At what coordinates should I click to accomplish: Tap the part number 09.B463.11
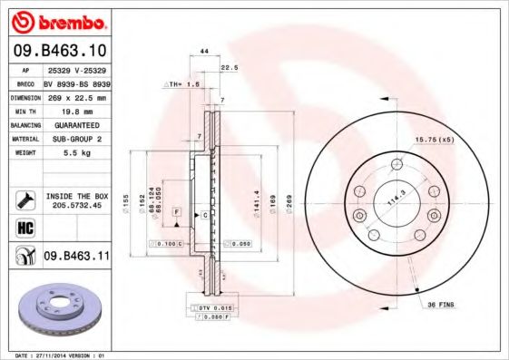[75, 257]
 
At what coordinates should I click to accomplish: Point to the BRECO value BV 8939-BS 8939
[76, 83]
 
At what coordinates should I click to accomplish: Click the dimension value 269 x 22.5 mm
[76, 96]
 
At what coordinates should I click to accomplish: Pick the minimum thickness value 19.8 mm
[76, 110]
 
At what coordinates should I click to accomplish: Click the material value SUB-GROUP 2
[76, 138]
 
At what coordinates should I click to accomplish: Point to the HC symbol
[24, 227]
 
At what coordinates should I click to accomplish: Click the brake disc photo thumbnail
[56, 307]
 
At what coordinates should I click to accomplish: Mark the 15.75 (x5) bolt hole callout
[432, 139]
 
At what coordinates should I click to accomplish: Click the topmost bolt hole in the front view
[396, 164]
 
